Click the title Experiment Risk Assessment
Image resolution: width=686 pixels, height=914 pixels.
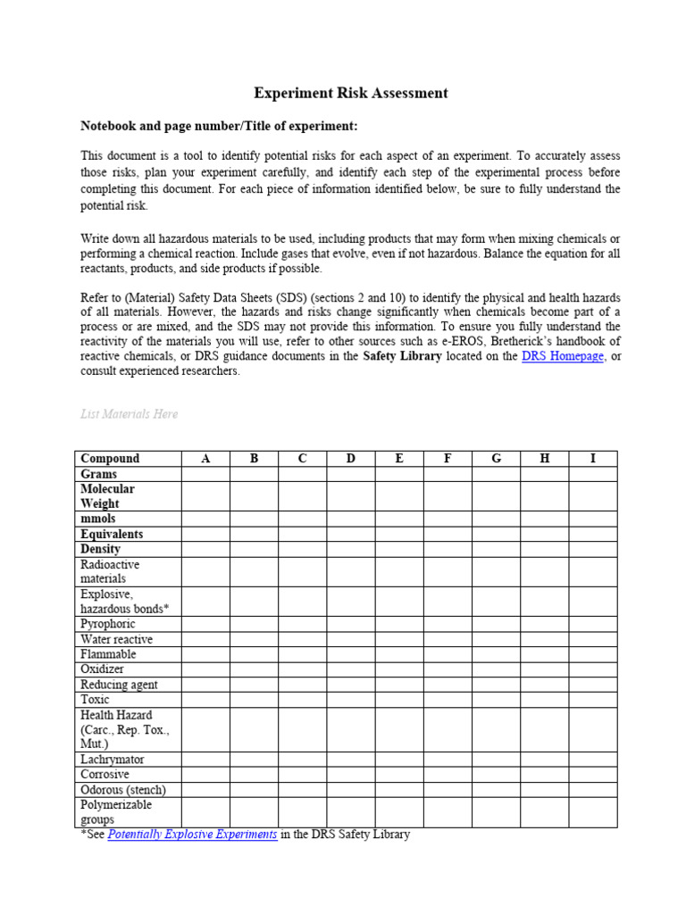(x=351, y=93)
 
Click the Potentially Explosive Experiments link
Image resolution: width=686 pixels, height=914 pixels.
(x=192, y=835)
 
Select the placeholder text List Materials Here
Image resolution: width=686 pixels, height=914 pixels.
(x=130, y=414)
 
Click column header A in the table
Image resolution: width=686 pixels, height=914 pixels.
(x=205, y=459)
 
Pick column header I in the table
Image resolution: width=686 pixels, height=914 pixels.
(x=593, y=459)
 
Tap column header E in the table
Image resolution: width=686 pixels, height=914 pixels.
(x=399, y=459)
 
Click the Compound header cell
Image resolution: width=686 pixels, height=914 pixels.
(x=110, y=459)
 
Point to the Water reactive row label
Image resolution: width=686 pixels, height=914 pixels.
(x=116, y=639)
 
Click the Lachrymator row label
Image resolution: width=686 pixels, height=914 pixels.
(x=112, y=760)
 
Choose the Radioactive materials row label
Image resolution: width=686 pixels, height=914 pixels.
(x=110, y=571)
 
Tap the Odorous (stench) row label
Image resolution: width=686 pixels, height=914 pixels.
(x=123, y=790)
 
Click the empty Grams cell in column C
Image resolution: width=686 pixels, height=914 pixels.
(x=302, y=474)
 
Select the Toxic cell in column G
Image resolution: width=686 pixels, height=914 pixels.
(x=496, y=700)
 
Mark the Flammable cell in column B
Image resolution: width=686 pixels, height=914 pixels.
(x=254, y=654)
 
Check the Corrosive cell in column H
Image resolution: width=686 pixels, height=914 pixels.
(x=544, y=775)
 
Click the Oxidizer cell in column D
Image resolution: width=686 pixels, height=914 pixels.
(x=351, y=669)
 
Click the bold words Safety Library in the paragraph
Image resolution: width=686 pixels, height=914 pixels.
(x=405, y=356)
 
